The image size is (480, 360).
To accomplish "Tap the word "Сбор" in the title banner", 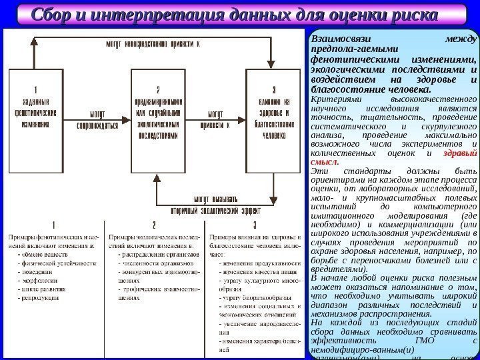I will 62,14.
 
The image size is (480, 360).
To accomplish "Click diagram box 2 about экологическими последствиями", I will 158,111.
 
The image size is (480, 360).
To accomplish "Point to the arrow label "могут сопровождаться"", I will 97,119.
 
